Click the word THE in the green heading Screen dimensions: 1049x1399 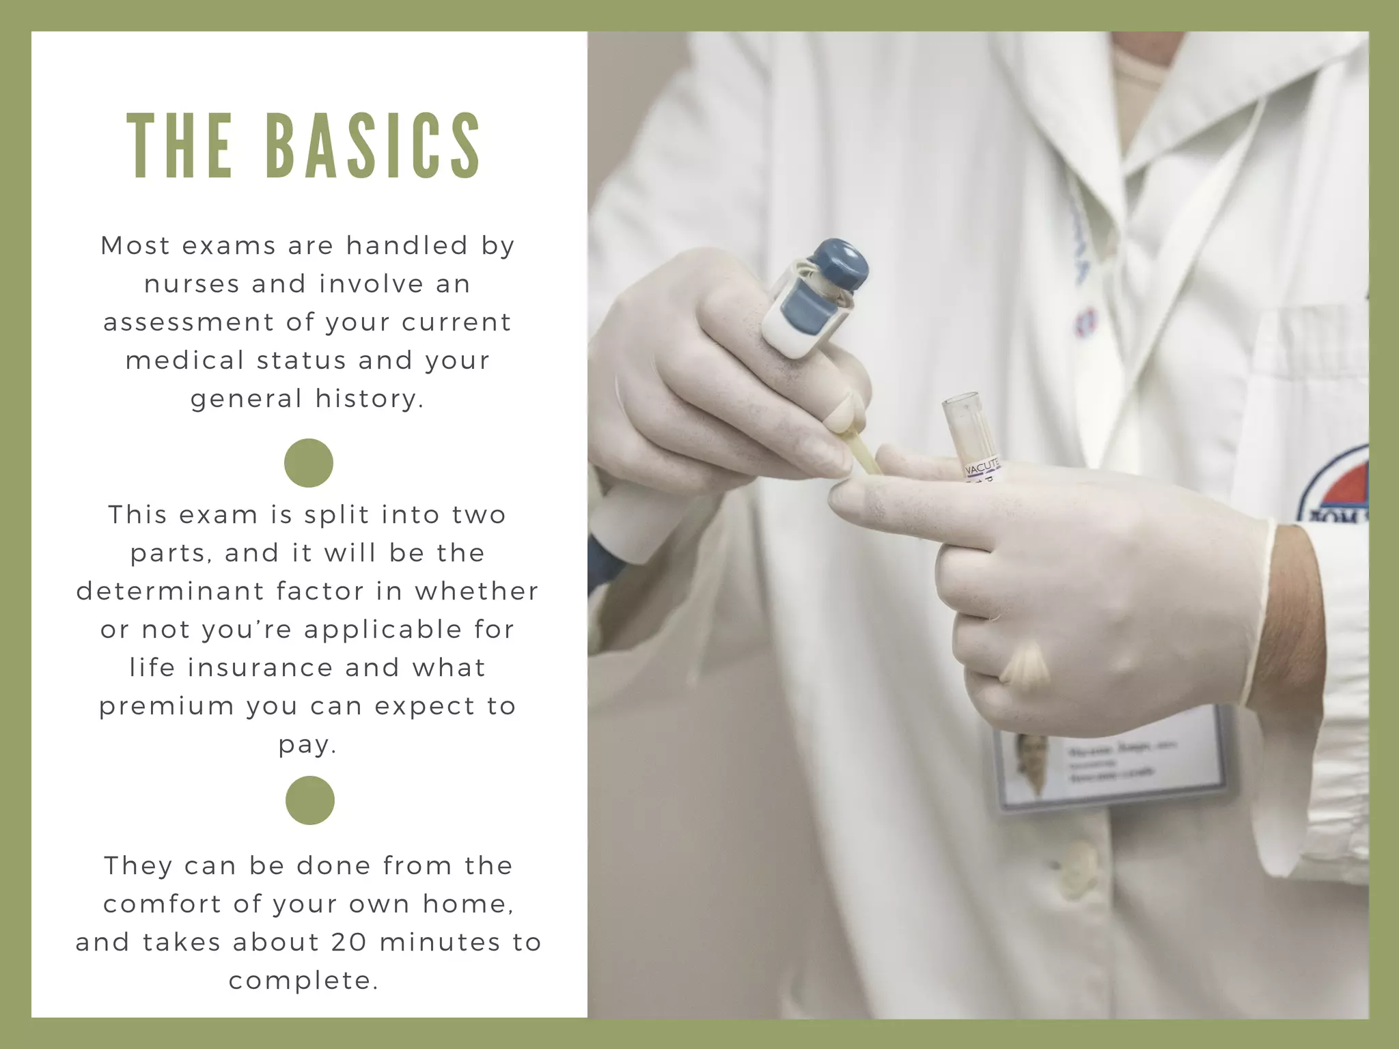pos(180,146)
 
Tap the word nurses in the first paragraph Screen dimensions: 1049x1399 pos(191,284)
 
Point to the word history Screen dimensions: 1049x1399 pos(370,398)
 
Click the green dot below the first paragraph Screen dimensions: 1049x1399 pos(309,463)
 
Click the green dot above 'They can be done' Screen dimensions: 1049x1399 pos(310,800)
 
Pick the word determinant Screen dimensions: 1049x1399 pos(170,591)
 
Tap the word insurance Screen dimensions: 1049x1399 pos(259,668)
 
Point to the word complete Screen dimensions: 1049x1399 pos(303,981)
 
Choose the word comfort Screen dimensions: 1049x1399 pos(162,904)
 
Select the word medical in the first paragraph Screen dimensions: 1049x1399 pos(185,361)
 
